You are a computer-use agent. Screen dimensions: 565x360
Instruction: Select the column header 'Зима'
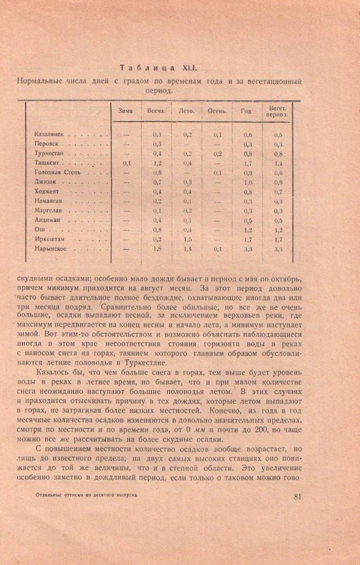tap(125, 111)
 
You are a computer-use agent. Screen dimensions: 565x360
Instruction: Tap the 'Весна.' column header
tap(156, 111)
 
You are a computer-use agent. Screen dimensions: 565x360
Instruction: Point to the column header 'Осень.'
tap(218, 111)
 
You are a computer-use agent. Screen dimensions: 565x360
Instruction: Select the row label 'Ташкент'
tap(47, 163)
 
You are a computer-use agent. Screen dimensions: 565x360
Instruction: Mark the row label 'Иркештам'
tap(50, 239)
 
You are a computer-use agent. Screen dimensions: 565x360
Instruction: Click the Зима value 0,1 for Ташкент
tap(127, 163)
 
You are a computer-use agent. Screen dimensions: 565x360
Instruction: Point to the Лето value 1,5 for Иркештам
tap(188, 239)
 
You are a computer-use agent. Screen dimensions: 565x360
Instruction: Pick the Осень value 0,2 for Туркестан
tap(218, 154)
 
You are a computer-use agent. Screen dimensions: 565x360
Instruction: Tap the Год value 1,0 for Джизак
tap(248, 182)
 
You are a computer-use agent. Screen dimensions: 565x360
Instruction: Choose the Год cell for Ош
tap(248, 229)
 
